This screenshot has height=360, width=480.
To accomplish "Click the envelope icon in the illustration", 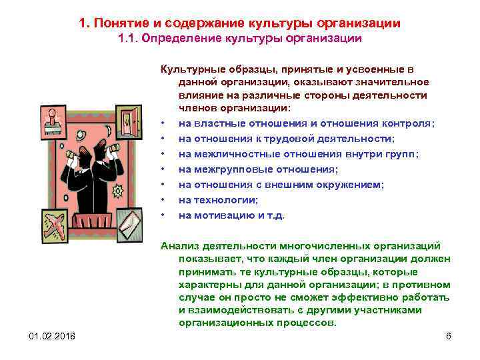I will pos(129,224).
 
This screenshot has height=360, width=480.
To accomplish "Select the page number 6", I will pos(449,335).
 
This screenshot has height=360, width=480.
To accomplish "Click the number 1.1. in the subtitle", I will pos(131,39).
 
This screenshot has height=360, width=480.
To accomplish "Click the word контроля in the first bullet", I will pos(408,123).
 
